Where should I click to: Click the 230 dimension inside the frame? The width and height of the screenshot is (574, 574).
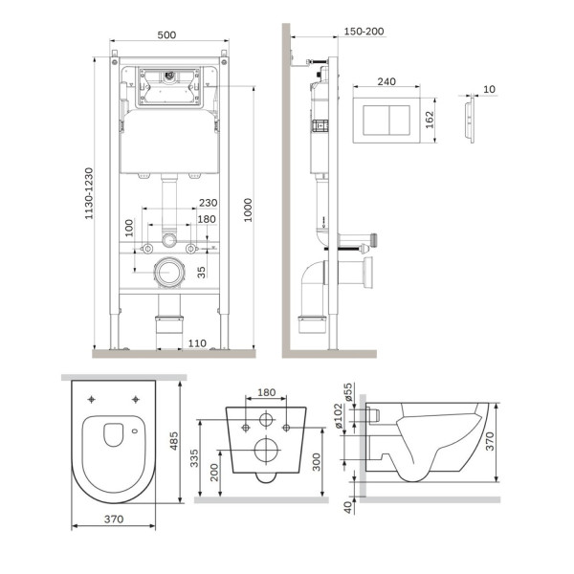coord(209,203)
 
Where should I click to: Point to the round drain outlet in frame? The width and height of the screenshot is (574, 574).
coord(168,271)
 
